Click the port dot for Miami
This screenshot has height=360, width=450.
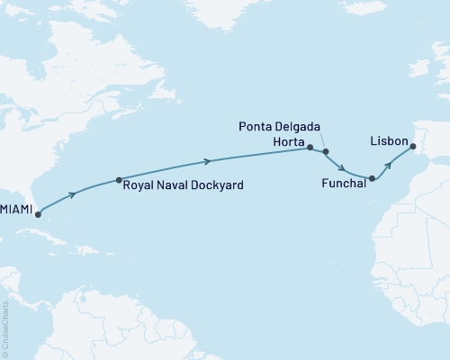37,215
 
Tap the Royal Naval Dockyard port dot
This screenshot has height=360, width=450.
119,179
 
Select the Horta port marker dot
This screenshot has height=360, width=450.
310,147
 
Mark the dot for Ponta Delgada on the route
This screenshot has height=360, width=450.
326,152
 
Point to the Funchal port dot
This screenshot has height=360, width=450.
372,179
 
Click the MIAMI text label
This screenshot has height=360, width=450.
16,210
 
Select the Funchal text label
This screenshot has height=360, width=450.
342,183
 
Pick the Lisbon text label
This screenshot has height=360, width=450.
388,142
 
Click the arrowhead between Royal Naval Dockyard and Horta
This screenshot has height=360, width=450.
210,162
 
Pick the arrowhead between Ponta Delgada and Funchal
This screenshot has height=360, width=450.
344,168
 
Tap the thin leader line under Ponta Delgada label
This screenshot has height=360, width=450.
320,142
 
